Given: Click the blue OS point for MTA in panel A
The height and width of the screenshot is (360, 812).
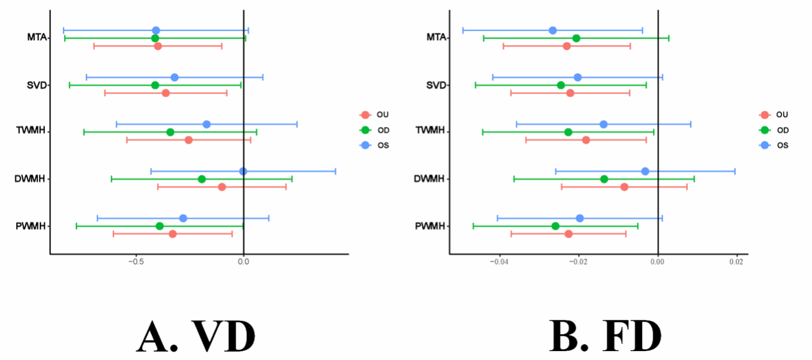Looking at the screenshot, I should [x=156, y=30].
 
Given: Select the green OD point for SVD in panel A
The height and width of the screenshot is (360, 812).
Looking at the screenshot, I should [x=155, y=85].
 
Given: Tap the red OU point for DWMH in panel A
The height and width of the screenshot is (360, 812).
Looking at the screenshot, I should [x=222, y=187].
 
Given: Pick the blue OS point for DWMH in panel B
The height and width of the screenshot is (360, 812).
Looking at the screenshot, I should [x=645, y=171].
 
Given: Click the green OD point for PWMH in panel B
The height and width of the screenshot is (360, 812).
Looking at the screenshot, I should [x=555, y=226].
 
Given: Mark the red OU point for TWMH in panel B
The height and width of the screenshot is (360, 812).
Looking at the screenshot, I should [x=586, y=140].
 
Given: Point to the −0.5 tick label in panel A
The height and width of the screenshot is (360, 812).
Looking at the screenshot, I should [x=135, y=262].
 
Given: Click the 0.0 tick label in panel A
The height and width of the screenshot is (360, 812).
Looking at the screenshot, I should [x=243, y=262].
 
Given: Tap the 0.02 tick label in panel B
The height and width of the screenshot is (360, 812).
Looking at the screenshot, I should [x=736, y=262].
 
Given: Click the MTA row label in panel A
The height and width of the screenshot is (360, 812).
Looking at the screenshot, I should [x=36, y=37].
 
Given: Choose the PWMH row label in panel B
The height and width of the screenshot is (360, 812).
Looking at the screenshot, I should [x=430, y=226].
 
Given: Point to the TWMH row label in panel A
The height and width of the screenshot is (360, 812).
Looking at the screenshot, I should [x=30, y=132].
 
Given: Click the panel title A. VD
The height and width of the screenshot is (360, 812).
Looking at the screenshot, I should [x=196, y=335].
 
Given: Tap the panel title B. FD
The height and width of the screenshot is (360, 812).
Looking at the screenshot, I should [x=605, y=335].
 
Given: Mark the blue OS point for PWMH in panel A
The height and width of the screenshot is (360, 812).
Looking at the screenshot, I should [x=183, y=218].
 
